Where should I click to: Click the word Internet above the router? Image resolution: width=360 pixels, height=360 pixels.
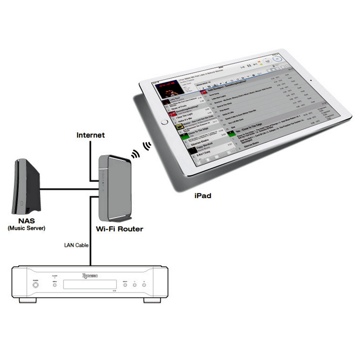pos(90,135)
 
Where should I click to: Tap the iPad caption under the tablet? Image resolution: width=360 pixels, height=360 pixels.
pos(202,196)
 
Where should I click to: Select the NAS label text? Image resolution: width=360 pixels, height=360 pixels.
pos(27,221)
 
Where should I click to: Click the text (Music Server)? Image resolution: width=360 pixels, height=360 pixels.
pos(27,229)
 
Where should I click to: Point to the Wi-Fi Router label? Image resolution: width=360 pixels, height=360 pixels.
pos(120,229)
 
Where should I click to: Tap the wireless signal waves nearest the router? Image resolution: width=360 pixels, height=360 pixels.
pos(135,155)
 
